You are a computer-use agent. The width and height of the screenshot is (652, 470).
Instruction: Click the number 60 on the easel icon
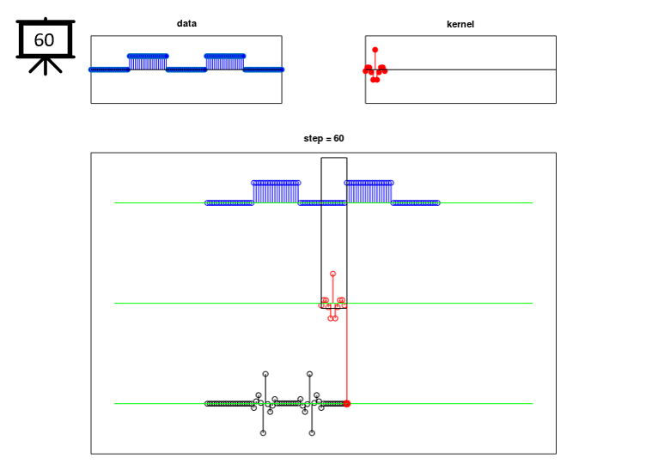44,39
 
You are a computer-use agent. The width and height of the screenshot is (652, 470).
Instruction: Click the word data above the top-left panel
186,23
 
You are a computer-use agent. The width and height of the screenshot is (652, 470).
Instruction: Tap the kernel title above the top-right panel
460,24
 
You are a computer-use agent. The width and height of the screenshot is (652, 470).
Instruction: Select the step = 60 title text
324,138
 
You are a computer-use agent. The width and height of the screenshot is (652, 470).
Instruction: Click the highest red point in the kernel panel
375,50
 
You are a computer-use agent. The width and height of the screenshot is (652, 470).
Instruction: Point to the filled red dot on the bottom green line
347,403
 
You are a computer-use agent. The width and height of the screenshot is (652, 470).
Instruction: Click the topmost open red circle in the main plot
332,274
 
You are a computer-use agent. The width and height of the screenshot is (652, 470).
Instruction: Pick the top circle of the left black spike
265,374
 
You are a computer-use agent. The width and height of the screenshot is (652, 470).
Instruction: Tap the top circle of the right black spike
309,374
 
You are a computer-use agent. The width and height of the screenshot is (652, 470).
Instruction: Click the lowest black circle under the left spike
263,433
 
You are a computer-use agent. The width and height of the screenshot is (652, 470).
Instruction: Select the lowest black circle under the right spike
312,433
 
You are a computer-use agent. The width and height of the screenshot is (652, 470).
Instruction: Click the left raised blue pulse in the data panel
147,61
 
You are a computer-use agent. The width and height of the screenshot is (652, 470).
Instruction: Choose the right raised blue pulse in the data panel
224,61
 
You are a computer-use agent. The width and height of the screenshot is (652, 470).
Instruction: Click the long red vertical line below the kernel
347,360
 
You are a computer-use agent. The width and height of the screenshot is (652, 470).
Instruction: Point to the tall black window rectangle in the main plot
334,232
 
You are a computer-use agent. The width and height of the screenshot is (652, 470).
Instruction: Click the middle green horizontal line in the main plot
215,303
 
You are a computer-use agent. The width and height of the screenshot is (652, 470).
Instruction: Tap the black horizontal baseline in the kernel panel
481,69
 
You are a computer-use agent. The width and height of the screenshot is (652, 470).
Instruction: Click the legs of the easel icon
45,66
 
